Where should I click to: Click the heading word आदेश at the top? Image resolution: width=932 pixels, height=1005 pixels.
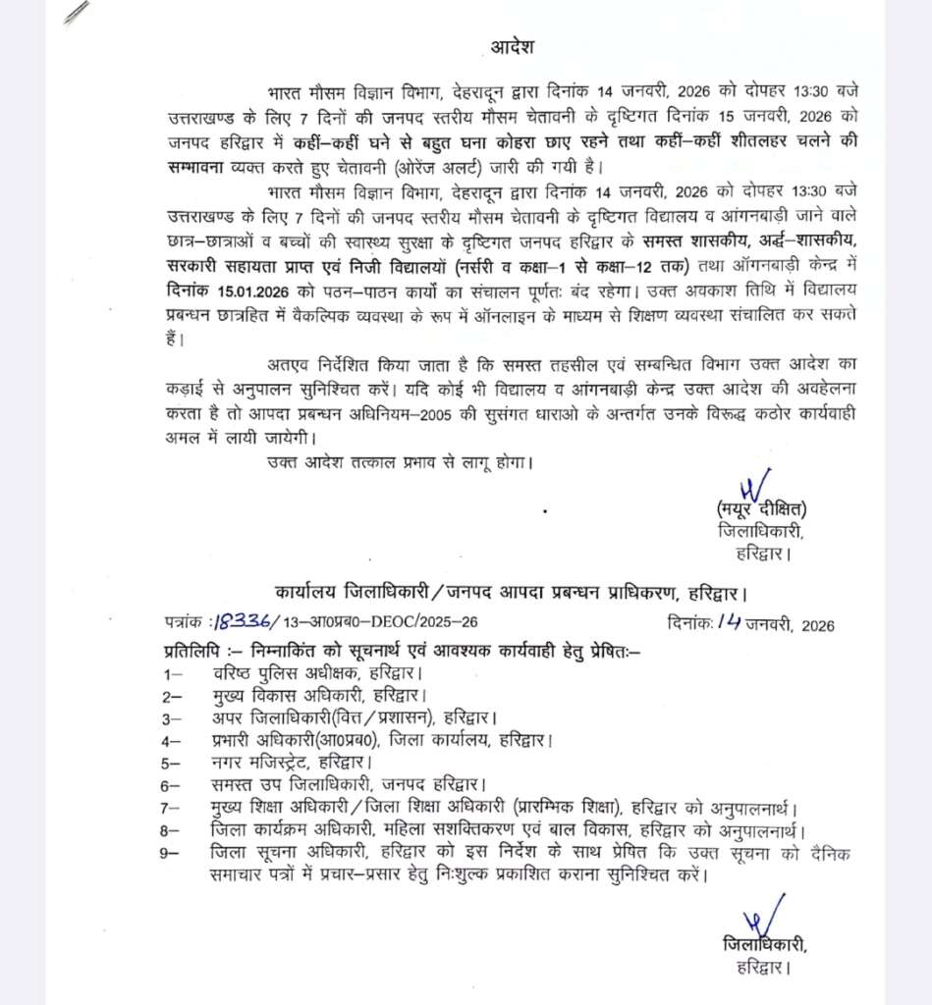[514, 47]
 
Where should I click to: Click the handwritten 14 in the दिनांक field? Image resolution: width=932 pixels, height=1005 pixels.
[729, 620]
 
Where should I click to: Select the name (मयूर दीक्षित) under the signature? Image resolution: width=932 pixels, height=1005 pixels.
[761, 508]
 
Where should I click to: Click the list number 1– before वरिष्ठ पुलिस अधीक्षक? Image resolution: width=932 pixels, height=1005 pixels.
[174, 674]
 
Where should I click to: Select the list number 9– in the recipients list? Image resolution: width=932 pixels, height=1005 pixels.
[170, 853]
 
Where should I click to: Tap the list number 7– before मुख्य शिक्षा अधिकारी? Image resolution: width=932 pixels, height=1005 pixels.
[173, 808]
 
